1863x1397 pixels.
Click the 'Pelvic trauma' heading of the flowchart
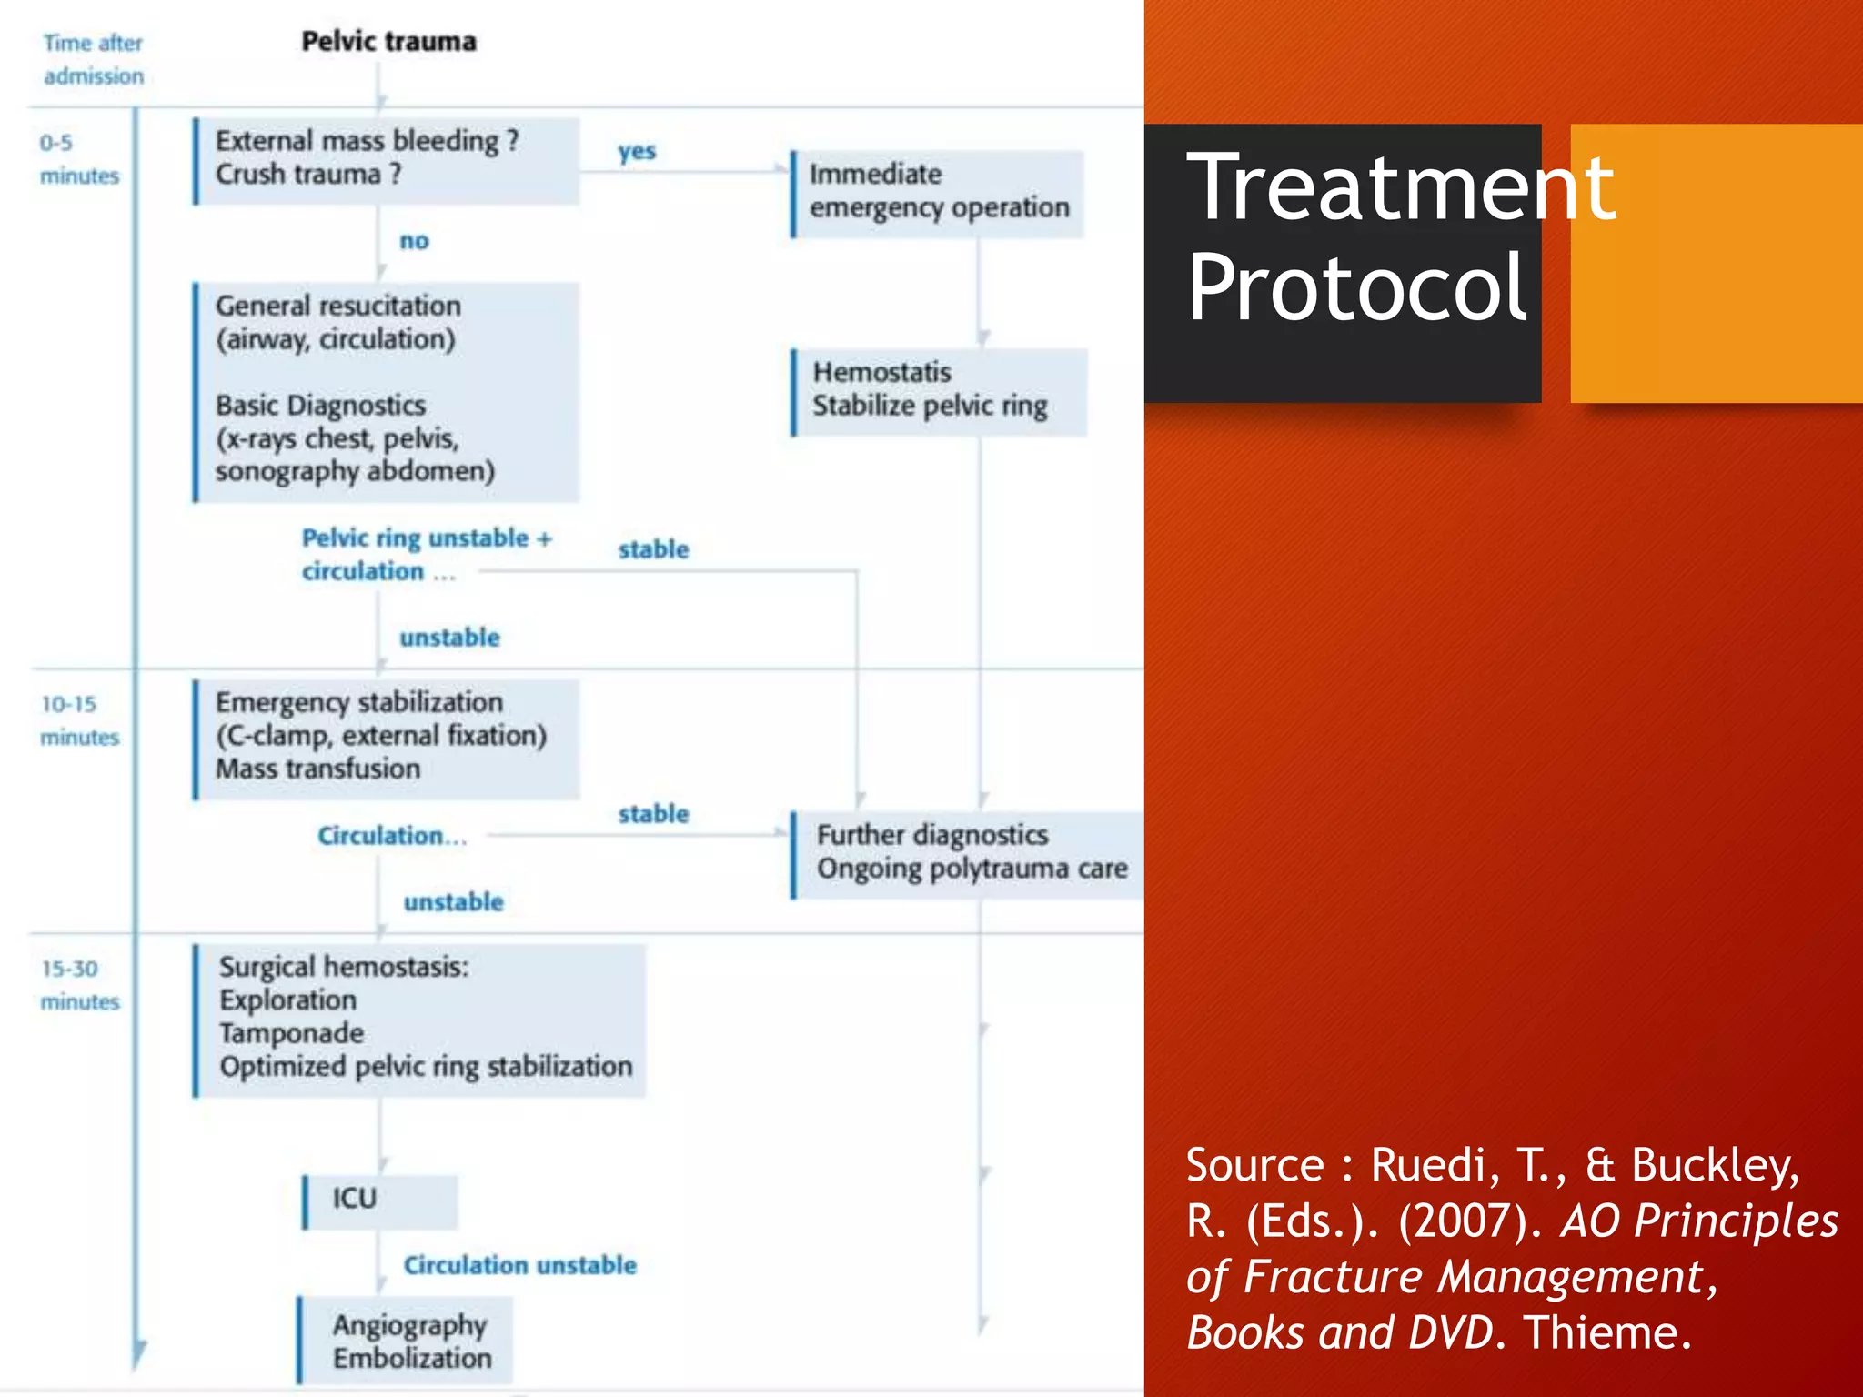pos(388,42)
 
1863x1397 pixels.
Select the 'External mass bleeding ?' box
pos(387,159)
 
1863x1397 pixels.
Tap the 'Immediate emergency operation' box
pos(938,192)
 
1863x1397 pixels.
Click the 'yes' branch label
pos(637,151)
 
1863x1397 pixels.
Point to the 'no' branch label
pos(414,241)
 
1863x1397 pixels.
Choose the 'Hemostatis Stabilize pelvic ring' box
pos(938,390)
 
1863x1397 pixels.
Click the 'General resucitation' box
pos(387,391)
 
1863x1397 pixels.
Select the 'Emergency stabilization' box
pos(387,737)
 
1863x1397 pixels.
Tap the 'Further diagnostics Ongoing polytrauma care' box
pos(970,852)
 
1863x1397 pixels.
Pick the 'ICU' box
pos(379,1200)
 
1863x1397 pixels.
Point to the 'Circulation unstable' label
pos(519,1265)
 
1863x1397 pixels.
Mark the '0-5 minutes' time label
pos(79,159)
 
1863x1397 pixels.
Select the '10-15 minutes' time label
pos(79,720)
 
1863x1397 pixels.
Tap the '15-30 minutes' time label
pos(79,985)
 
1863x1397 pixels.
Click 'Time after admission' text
pos(94,59)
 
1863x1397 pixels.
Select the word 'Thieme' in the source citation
pos(1606,1333)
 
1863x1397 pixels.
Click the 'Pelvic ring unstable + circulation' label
pos(426,554)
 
